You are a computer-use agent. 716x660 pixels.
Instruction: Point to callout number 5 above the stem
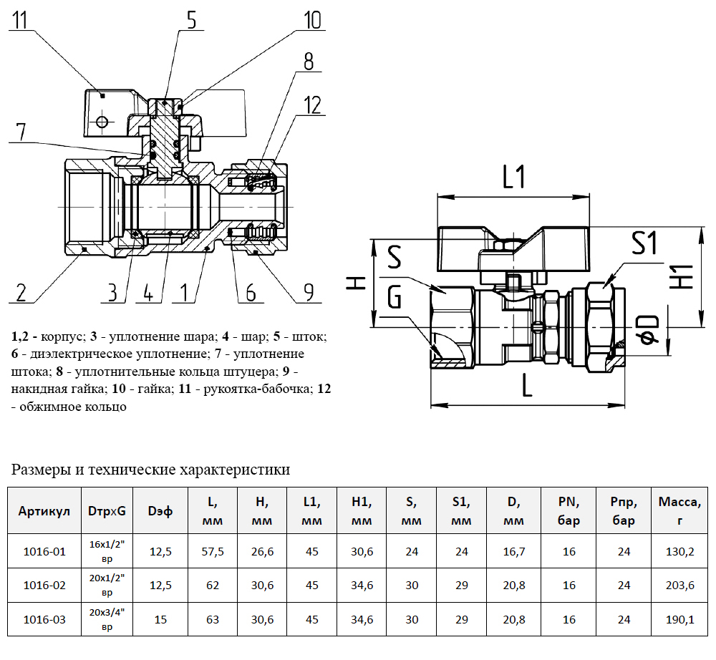pyautogui.click(x=190, y=19)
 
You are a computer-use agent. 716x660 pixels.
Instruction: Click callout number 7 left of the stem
pyautogui.click(x=21, y=132)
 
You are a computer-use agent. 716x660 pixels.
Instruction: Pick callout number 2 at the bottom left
pyautogui.click(x=21, y=292)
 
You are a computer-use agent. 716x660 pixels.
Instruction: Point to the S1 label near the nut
pyautogui.click(x=644, y=244)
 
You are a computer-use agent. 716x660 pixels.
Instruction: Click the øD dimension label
pyautogui.click(x=648, y=330)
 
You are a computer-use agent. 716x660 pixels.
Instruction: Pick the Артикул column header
pyautogui.click(x=44, y=511)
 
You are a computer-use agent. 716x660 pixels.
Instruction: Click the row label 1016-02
pyautogui.click(x=44, y=586)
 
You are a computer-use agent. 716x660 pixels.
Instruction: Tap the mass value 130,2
pyautogui.click(x=679, y=551)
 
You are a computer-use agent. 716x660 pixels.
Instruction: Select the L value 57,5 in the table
pyautogui.click(x=213, y=551)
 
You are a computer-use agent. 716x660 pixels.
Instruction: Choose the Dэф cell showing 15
pyautogui.click(x=160, y=619)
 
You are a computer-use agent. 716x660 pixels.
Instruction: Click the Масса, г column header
pyautogui.click(x=679, y=510)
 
